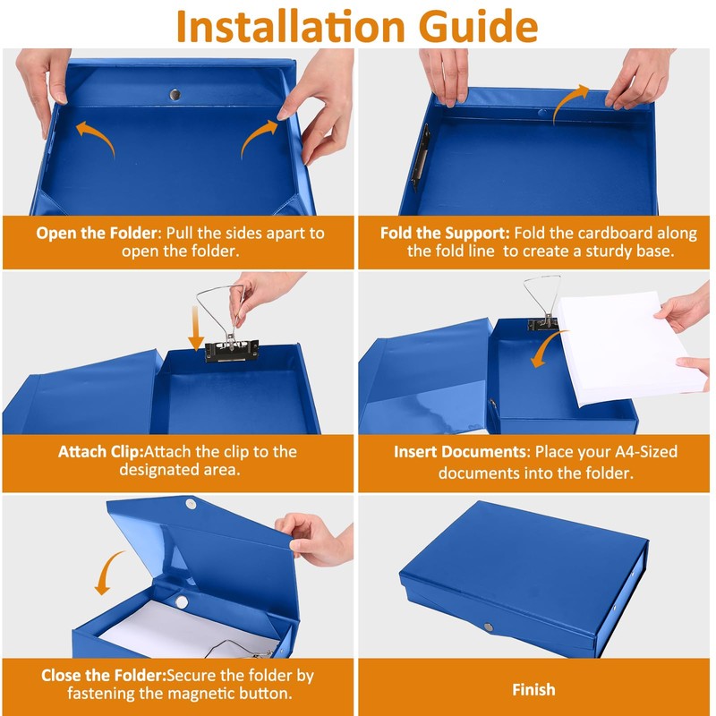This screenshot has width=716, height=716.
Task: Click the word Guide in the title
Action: (x=478, y=26)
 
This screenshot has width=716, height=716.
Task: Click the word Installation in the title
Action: (x=291, y=26)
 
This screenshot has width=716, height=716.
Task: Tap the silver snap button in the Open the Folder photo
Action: (x=175, y=95)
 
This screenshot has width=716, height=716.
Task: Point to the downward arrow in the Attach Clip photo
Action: (x=196, y=328)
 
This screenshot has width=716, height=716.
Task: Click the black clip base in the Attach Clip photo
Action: (x=232, y=351)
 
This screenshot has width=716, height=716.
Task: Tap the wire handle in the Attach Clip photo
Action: (x=221, y=311)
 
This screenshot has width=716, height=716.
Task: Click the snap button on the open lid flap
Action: (x=191, y=504)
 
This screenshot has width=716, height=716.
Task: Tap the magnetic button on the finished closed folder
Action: (x=488, y=627)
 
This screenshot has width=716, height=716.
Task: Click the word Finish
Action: (x=533, y=689)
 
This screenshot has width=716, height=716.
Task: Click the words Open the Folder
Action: (x=97, y=233)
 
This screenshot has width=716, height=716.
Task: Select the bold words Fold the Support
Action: (x=445, y=233)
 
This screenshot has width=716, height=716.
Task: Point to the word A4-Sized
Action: (x=645, y=452)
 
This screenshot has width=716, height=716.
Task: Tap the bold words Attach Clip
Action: (x=101, y=452)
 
